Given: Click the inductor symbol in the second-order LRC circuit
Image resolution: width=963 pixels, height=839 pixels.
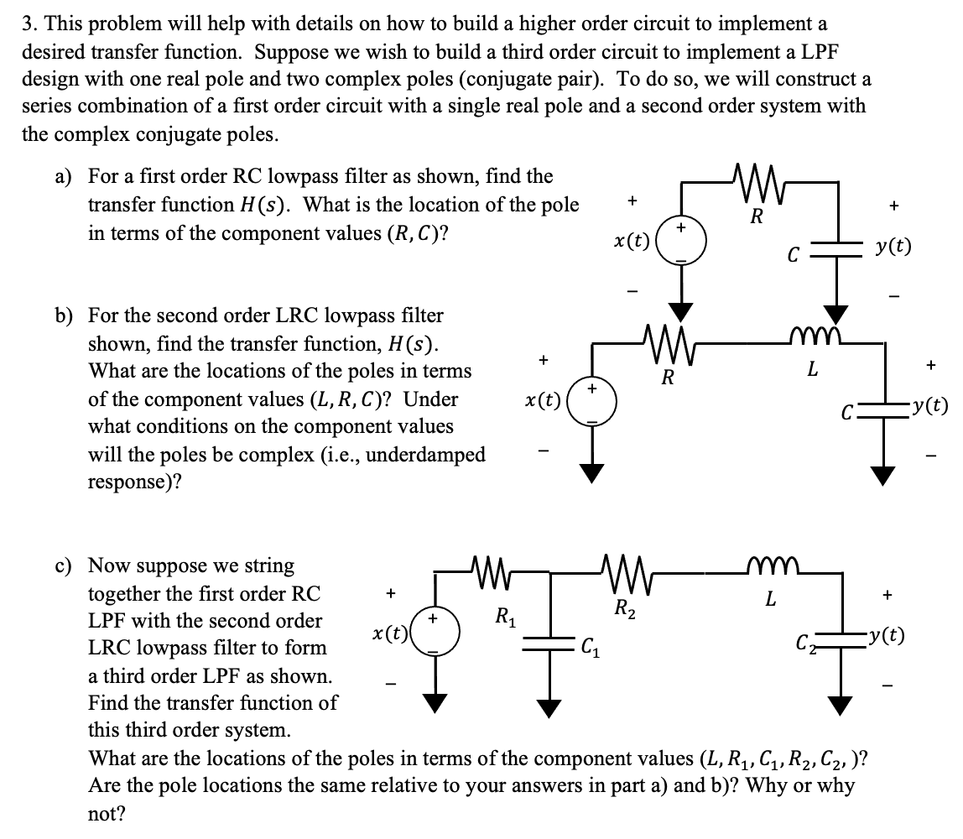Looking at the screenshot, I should click(811, 339).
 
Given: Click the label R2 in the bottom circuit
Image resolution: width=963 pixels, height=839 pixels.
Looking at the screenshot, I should click(622, 608).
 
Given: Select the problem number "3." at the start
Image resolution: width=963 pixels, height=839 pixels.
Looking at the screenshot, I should click(29, 24).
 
